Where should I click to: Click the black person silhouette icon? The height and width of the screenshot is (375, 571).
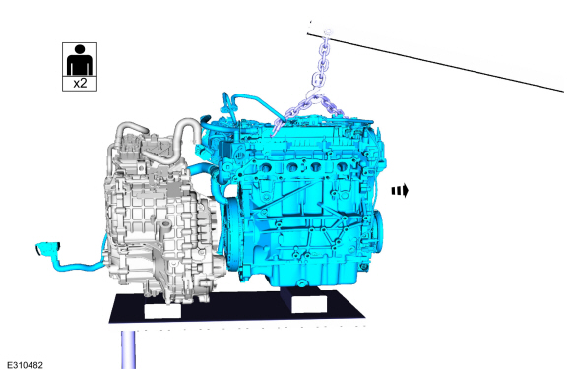pos(80,60)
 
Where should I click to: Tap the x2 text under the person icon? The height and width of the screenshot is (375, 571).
pos(80,83)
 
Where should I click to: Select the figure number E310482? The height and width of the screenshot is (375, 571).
pos(25,365)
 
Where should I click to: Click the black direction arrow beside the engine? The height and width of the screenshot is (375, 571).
pos(400,191)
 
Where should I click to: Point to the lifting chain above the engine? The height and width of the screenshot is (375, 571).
pos(318,88)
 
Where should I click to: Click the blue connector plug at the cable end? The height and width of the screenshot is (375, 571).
pos(47,248)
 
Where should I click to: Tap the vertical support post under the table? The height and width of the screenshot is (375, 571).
pos(128,349)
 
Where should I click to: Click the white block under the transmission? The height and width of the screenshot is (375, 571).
pos(162,311)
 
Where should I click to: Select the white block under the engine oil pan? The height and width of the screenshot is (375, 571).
pos(309,304)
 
